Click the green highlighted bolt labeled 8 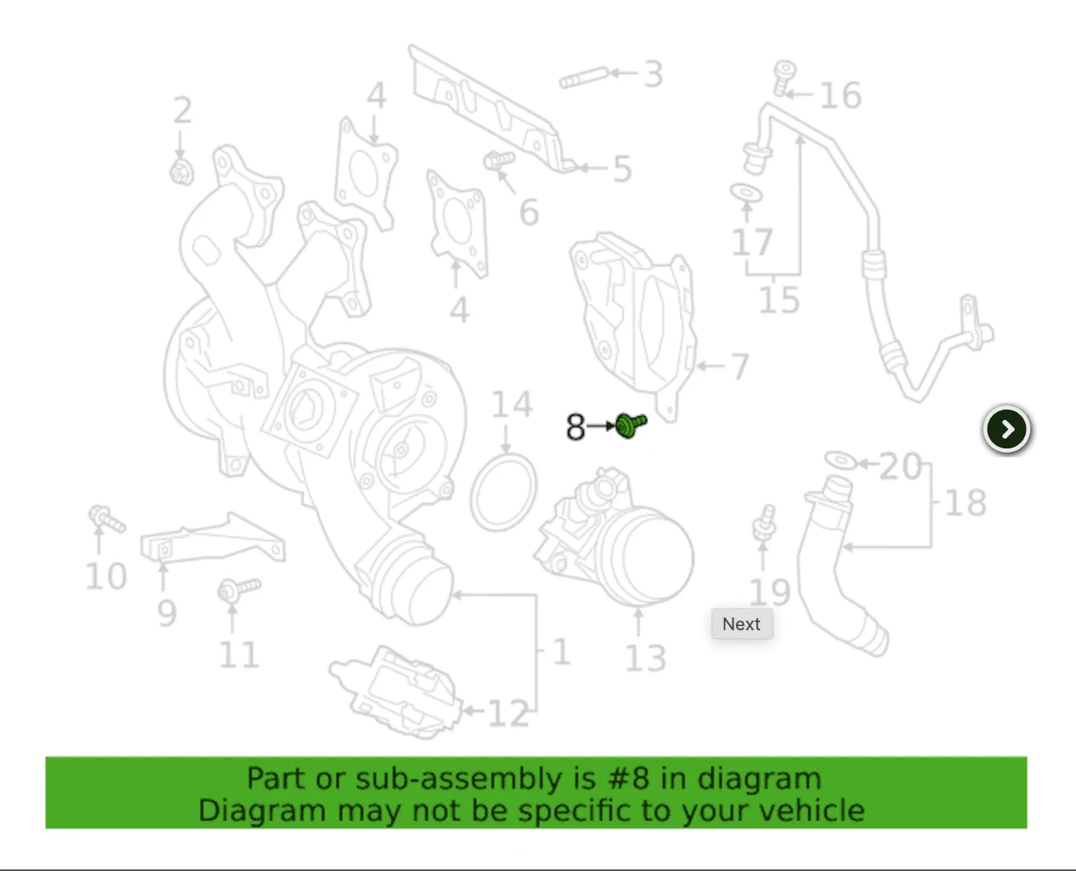click(x=631, y=426)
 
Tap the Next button click(x=742, y=624)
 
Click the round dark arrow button click(x=1007, y=429)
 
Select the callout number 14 click(x=511, y=404)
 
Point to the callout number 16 click(x=841, y=95)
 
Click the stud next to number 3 click(x=584, y=78)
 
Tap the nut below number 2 click(x=182, y=172)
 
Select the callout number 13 click(x=645, y=658)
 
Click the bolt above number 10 click(x=107, y=518)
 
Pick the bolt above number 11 click(x=238, y=590)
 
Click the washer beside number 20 click(x=841, y=461)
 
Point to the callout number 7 click(x=740, y=366)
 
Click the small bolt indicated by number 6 click(x=498, y=161)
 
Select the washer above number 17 click(x=746, y=192)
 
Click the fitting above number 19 click(x=764, y=524)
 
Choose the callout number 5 click(x=622, y=169)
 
